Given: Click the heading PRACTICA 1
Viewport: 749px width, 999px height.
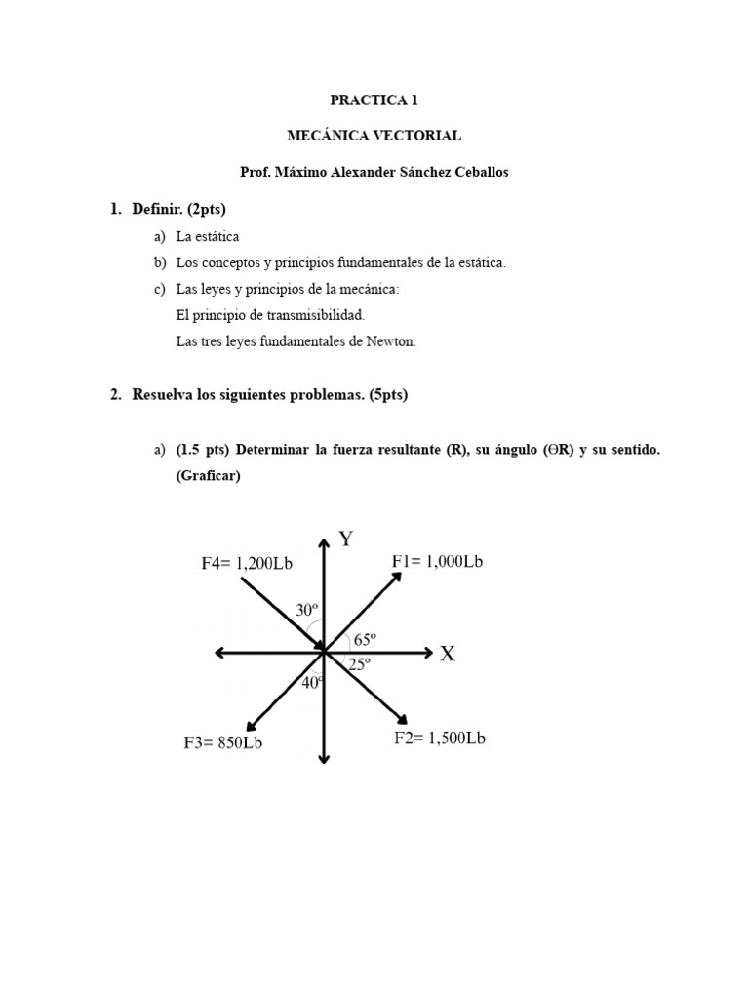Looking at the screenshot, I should pos(374,100).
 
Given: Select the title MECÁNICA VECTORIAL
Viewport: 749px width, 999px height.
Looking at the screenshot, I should pos(374,136).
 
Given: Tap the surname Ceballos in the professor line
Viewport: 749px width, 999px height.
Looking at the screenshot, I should pos(474,172).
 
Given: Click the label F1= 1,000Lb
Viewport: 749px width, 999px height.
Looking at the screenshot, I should pos(438,561).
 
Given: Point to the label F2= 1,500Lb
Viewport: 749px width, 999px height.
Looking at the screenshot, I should pos(440,738).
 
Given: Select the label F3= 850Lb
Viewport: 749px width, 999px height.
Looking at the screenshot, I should pos(223,742).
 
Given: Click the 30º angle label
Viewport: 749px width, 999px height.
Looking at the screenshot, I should pos(307,610).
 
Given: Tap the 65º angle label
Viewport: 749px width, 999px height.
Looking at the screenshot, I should pos(365,640).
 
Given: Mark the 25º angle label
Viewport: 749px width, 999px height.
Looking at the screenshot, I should pos(360,664).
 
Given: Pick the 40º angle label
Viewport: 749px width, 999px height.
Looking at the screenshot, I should pos(312,683).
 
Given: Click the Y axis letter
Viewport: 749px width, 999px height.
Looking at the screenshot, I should pos(345,539).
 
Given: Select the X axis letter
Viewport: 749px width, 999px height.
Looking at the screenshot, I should pos(447,654).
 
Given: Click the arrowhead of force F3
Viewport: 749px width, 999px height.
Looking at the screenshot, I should pos(251,725).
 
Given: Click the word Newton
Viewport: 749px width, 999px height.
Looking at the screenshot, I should pos(390,341).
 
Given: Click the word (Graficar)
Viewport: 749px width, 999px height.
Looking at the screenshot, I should pos(208,475).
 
